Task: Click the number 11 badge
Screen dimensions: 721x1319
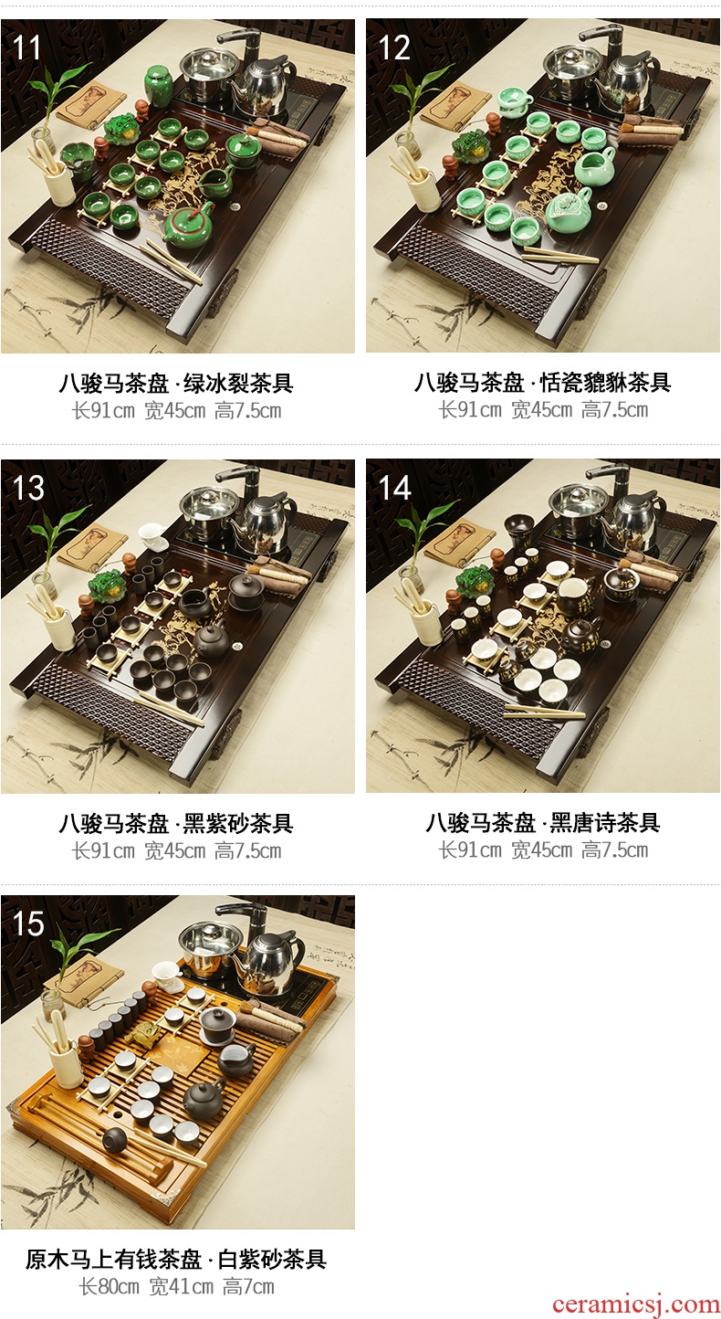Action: pos(26,47)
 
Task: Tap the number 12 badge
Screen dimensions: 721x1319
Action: pos(393,47)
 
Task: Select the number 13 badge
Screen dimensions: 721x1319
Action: pos(28,488)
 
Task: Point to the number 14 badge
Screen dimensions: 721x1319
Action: pos(393,488)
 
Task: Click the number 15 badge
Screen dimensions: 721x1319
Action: pos(28,923)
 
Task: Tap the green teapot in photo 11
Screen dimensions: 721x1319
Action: pos(188,226)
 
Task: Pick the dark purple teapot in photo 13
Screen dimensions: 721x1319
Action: pos(212,640)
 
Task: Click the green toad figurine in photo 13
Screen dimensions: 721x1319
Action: pos(106,585)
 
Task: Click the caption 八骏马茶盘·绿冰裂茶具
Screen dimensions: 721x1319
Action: pos(176,384)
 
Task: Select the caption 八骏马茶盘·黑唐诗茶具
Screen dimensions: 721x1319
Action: pos(542,823)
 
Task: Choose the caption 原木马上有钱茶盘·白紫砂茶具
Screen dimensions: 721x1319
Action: pos(176,1260)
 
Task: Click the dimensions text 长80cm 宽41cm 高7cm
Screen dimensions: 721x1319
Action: pos(176,1287)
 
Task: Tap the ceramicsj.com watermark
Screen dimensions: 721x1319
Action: pos(636,1303)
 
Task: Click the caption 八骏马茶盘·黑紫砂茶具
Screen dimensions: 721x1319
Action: pos(176,823)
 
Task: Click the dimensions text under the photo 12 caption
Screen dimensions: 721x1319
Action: pos(543,410)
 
